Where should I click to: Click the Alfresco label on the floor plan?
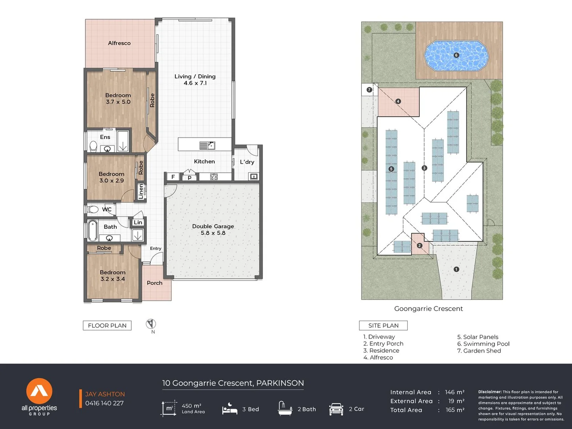tap(119, 43)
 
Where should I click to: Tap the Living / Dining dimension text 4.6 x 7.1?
tap(195, 83)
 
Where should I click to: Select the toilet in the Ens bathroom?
tap(94, 147)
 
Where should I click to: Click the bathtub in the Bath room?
tap(92, 230)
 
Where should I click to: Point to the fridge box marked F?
tap(173, 177)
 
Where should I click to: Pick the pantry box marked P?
tap(190, 177)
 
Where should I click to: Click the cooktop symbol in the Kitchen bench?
tap(214, 177)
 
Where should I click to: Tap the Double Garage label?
tap(213, 226)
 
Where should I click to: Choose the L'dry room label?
tap(247, 162)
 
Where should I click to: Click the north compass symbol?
tap(151, 324)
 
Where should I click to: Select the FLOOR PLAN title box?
tap(107, 325)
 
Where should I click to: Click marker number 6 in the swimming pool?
tap(456, 55)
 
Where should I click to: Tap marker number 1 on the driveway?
tap(456, 269)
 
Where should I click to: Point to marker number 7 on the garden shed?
tap(369, 90)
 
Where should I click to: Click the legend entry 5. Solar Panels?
tap(478, 337)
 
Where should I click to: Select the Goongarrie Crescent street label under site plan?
tap(428, 309)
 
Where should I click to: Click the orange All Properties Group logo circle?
tap(39, 391)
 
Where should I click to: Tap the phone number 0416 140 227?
tap(104, 403)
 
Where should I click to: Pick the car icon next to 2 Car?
tap(336, 409)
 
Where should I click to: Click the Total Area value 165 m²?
tap(455, 410)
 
